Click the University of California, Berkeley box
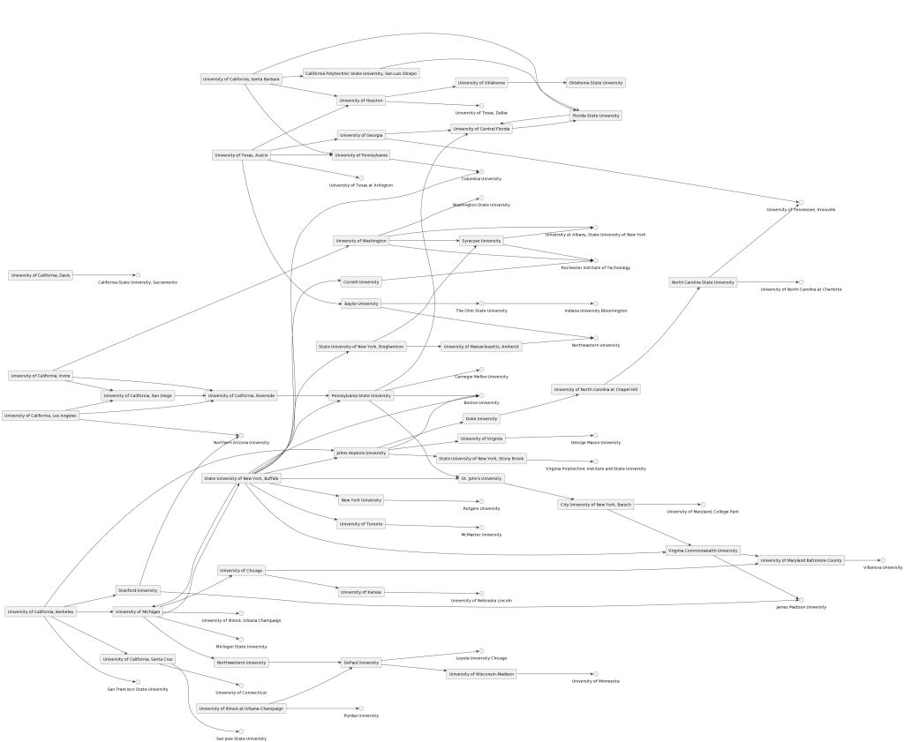pos(41,611)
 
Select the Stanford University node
pos(137,589)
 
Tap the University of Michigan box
pos(137,611)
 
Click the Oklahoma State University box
pos(596,83)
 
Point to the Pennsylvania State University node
pos(360,395)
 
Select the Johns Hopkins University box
pos(361,453)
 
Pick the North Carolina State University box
pos(703,282)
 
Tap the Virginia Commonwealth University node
pos(703,551)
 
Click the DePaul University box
pos(361,663)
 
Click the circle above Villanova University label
pos(882,559)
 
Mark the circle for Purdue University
pos(360,708)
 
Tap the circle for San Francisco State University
pos(137,681)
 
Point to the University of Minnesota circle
pos(594,674)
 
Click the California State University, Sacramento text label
pos(137,282)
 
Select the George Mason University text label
pos(595,442)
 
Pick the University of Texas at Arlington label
pos(360,185)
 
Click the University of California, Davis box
pos(41,275)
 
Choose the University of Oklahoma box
pos(481,83)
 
